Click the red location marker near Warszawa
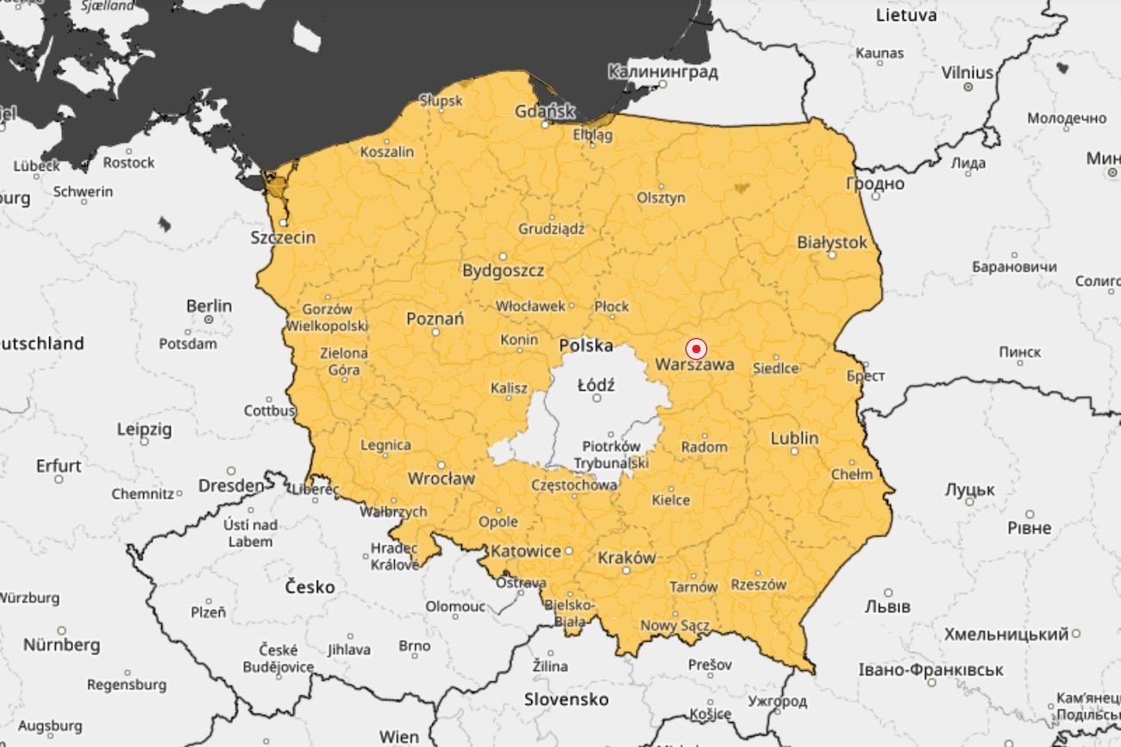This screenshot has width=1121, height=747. click(x=696, y=348)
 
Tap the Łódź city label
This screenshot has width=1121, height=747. click(x=596, y=385)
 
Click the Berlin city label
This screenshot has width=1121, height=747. click(x=209, y=305)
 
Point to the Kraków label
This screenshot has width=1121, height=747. click(x=627, y=557)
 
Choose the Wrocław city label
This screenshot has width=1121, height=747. click(x=441, y=478)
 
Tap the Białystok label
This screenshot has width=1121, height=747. click(x=832, y=242)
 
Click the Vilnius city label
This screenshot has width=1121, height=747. click(x=967, y=72)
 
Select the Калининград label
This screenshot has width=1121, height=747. click(x=662, y=72)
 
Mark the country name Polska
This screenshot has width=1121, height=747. click(x=586, y=346)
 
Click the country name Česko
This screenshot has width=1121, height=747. click(x=310, y=587)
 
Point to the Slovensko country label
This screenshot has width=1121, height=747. click(x=567, y=699)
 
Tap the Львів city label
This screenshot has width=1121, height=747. click(x=886, y=606)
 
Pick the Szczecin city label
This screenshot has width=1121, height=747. click(x=283, y=237)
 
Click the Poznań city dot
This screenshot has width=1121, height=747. click(x=435, y=332)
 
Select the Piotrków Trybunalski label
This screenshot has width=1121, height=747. click(x=611, y=455)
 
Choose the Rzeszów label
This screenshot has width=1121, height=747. click(x=759, y=584)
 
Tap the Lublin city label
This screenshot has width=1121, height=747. click(x=794, y=438)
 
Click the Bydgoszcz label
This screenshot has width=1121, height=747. click(x=503, y=271)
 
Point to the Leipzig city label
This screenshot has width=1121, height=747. click(x=144, y=429)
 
